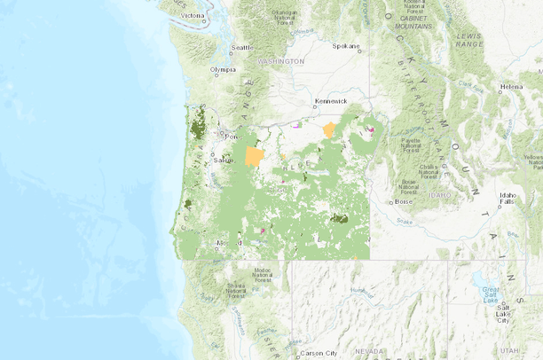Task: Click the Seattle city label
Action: coord(241,48)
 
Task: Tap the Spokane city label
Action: coord(346,45)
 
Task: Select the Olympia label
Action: coord(223,69)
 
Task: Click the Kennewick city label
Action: coord(330,101)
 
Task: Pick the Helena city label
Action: coord(512,87)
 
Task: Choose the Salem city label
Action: coord(221,160)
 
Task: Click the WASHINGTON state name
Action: coord(280,61)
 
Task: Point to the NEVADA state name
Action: coord(369,351)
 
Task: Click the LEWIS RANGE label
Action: coord(468,38)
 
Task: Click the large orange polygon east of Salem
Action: coord(255,157)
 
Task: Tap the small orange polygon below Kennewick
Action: coord(329,129)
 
